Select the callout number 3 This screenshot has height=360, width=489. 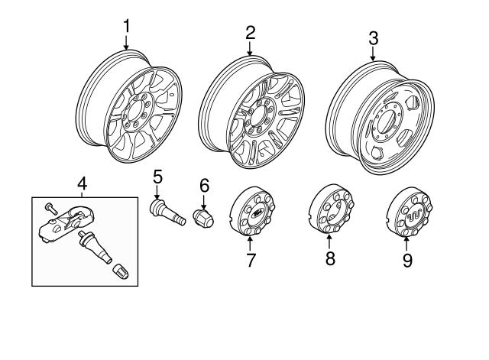pos(373,37)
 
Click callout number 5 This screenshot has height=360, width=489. pos(157,177)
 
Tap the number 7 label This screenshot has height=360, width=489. pos(250,260)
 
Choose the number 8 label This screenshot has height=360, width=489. pos(330,260)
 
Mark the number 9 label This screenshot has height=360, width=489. pos(407,261)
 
